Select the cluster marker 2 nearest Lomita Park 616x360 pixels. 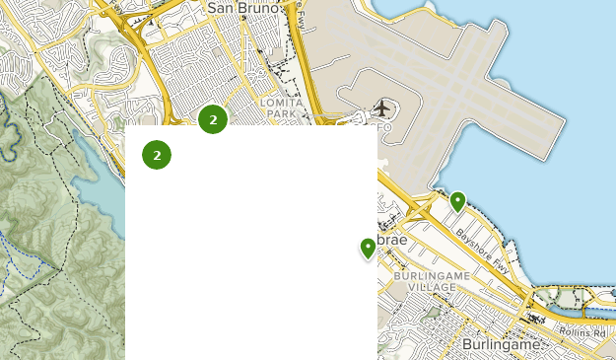click(x=213, y=119)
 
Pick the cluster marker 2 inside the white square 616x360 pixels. click(x=157, y=155)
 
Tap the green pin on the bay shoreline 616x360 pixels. click(x=457, y=202)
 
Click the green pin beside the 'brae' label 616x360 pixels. click(x=368, y=248)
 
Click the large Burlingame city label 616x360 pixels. click(x=502, y=345)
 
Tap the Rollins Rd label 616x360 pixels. click(x=583, y=334)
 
